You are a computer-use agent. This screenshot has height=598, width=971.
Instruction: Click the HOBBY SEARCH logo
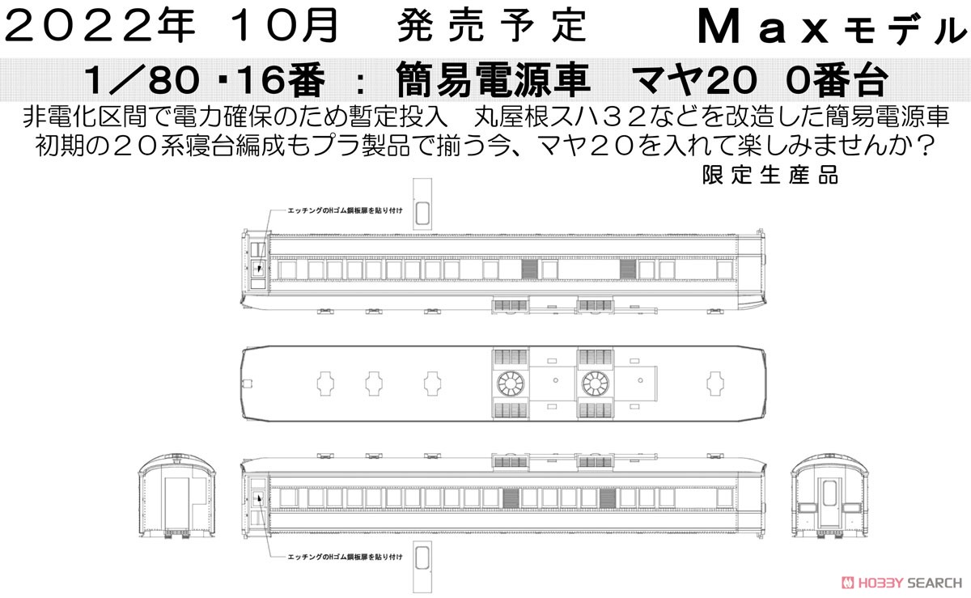coord(902,582)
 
